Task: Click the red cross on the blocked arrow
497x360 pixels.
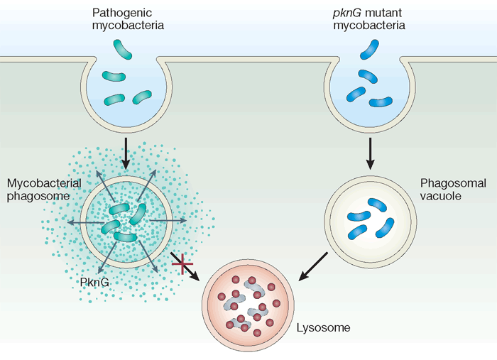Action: [183, 264]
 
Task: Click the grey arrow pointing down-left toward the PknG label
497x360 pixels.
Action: [101, 258]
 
